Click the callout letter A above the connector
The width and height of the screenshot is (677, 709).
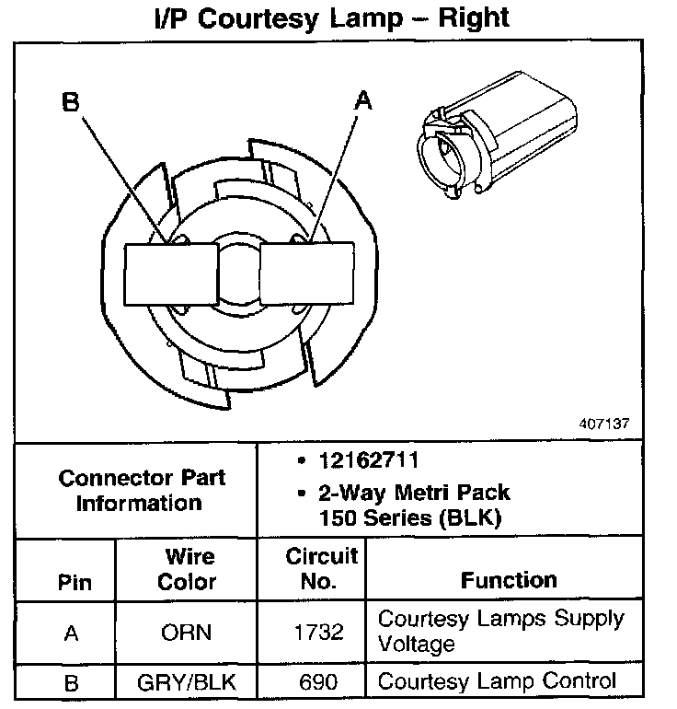tap(364, 100)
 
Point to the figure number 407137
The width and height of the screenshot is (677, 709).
tap(604, 424)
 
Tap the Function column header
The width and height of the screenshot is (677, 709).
tap(509, 580)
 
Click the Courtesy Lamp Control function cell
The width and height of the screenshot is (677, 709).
tap(498, 681)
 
